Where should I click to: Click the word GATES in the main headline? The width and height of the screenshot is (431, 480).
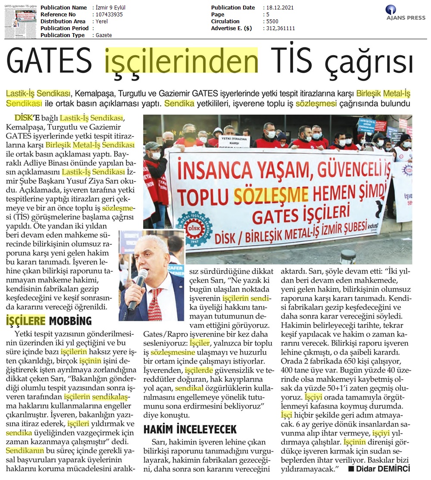pos(49,62)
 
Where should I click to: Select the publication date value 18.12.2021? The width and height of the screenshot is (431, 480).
pos(281,8)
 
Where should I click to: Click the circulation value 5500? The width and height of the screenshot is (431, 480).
pos(273,22)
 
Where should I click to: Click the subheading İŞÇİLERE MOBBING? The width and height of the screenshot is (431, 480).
pos(49,321)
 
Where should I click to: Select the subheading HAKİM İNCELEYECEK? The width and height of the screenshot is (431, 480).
pos(190,429)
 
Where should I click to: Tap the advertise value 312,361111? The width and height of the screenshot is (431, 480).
pos(281,28)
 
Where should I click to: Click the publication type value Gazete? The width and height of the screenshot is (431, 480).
pos(104,35)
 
